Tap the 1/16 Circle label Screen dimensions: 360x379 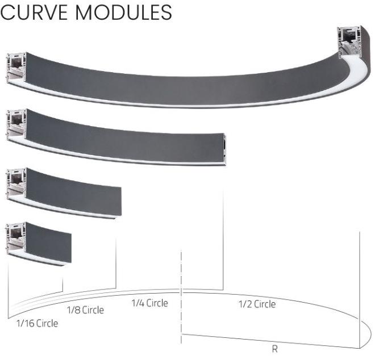point(37,324)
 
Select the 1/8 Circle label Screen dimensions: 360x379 point(85,310)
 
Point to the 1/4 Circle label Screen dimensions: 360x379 point(149,303)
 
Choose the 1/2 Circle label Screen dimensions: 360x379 point(256,304)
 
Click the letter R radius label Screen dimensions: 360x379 point(275,349)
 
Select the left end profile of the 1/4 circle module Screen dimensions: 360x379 point(16,125)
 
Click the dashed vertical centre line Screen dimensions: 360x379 point(181,295)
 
